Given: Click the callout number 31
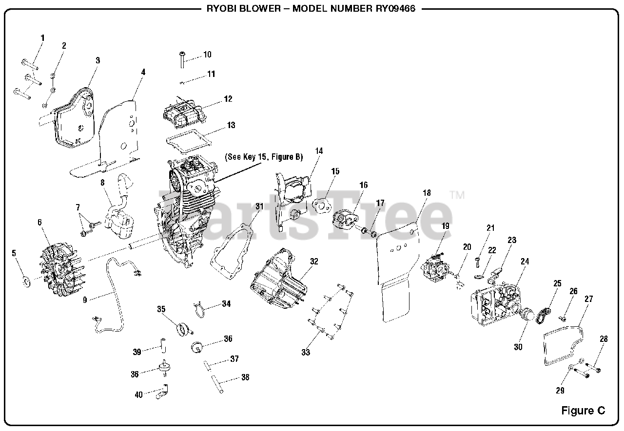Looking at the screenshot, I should [259, 206].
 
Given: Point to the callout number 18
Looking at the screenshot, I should [427, 193].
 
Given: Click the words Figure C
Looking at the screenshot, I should [583, 410].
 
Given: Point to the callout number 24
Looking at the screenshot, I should [525, 262].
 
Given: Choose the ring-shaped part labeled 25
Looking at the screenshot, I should [543, 315].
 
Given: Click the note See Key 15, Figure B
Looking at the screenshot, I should [263, 157].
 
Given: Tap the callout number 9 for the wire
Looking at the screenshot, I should [85, 300].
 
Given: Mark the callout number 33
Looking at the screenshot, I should [306, 352].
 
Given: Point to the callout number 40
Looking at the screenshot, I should [138, 395].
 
